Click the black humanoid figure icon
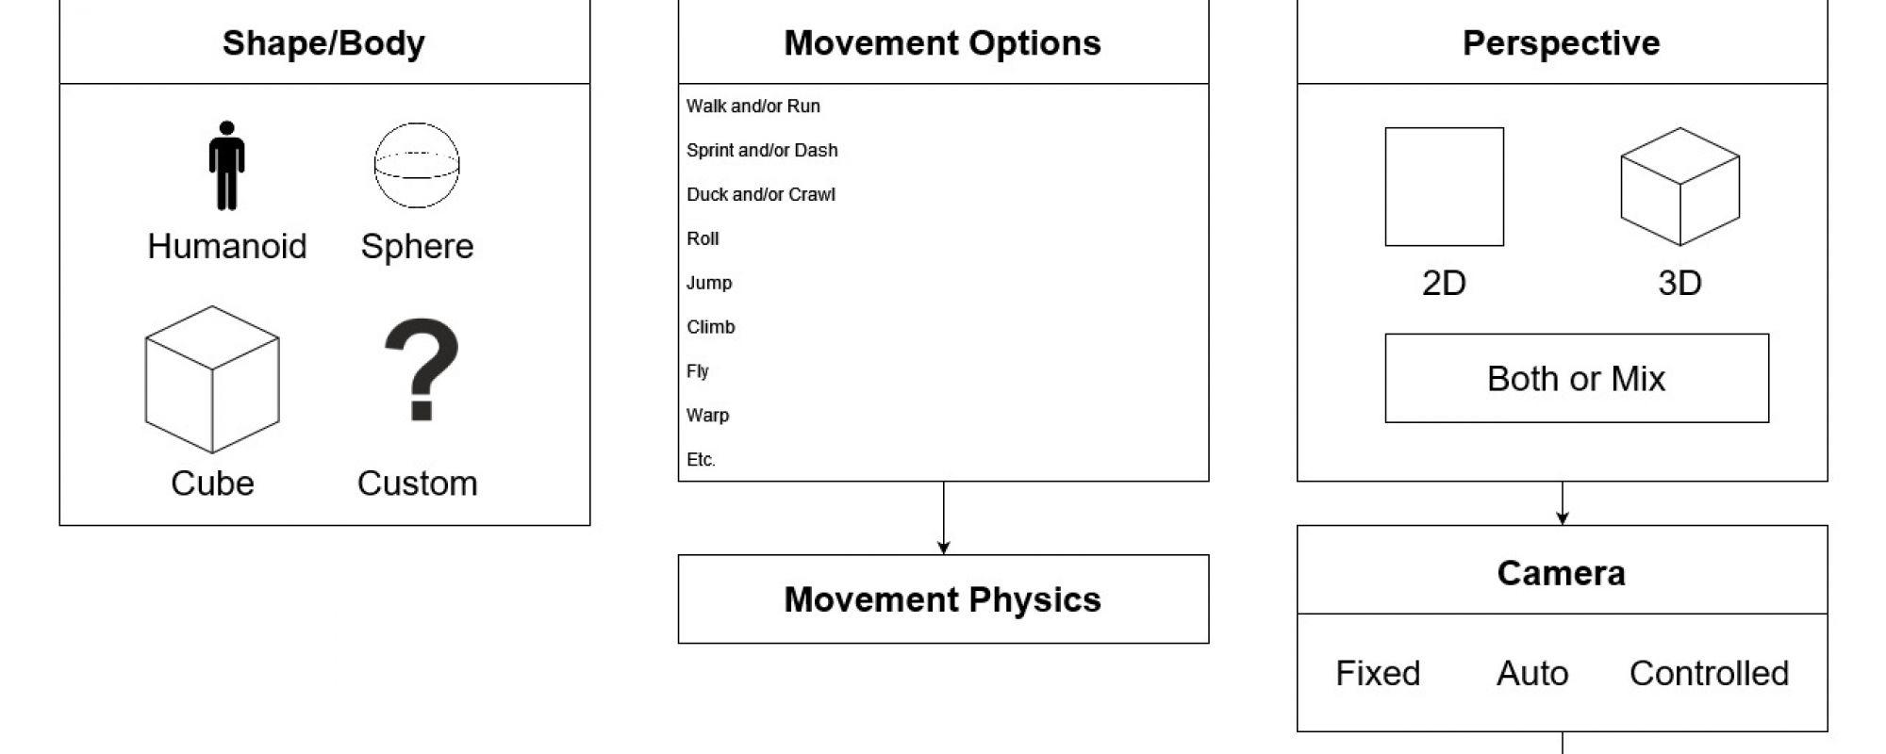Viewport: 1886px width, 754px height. point(226,165)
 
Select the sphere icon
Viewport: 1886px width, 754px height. point(417,165)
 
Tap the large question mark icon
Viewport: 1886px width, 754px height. point(422,369)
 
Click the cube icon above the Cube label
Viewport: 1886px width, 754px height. point(212,379)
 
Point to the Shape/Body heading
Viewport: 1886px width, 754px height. point(323,43)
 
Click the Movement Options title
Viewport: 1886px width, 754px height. point(943,43)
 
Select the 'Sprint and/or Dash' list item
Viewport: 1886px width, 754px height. point(762,150)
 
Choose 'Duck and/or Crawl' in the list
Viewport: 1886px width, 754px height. point(761,194)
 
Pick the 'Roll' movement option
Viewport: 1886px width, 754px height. point(703,238)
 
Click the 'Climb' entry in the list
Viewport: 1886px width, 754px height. point(711,327)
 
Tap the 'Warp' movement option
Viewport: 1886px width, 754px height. point(708,416)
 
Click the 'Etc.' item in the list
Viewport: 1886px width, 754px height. point(701,460)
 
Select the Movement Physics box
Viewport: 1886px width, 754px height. point(943,599)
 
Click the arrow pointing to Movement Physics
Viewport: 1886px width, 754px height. point(943,517)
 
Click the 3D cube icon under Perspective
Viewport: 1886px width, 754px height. point(1679,187)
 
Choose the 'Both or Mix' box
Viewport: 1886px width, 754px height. point(1577,378)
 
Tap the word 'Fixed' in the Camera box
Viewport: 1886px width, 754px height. point(1378,673)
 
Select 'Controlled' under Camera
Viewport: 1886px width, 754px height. point(1709,673)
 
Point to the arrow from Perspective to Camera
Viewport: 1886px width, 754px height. point(1563,503)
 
